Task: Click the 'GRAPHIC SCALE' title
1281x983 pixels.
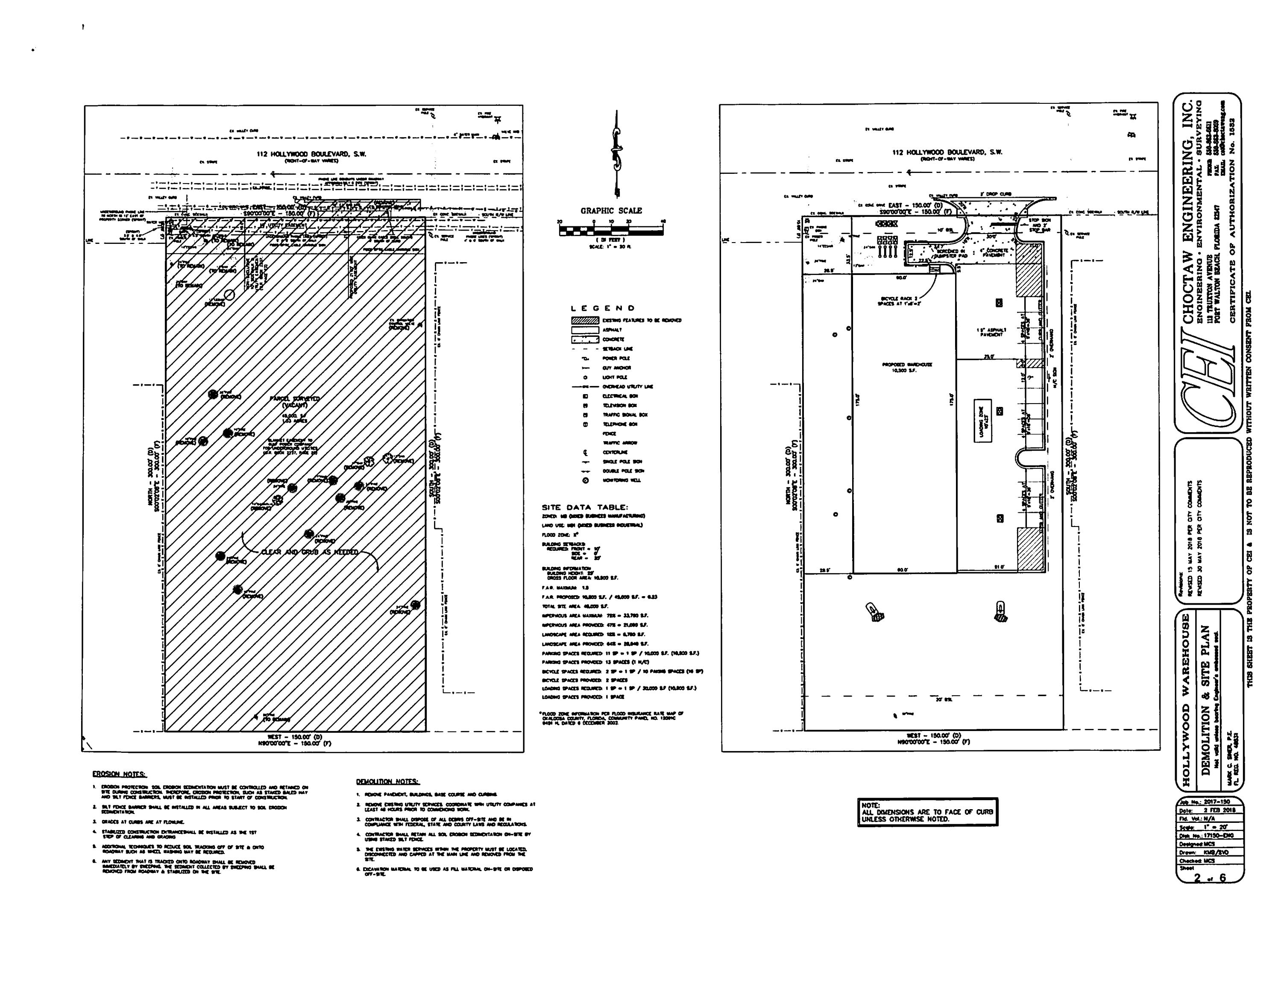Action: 611,211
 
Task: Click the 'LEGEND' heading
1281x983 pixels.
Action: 602,308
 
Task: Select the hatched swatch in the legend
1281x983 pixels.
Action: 585,321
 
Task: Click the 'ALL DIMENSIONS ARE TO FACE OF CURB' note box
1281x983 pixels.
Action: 927,812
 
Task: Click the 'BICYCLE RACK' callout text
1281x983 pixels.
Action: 899,301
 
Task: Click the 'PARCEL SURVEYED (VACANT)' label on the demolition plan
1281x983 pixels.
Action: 295,401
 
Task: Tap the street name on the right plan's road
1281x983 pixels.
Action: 947,152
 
